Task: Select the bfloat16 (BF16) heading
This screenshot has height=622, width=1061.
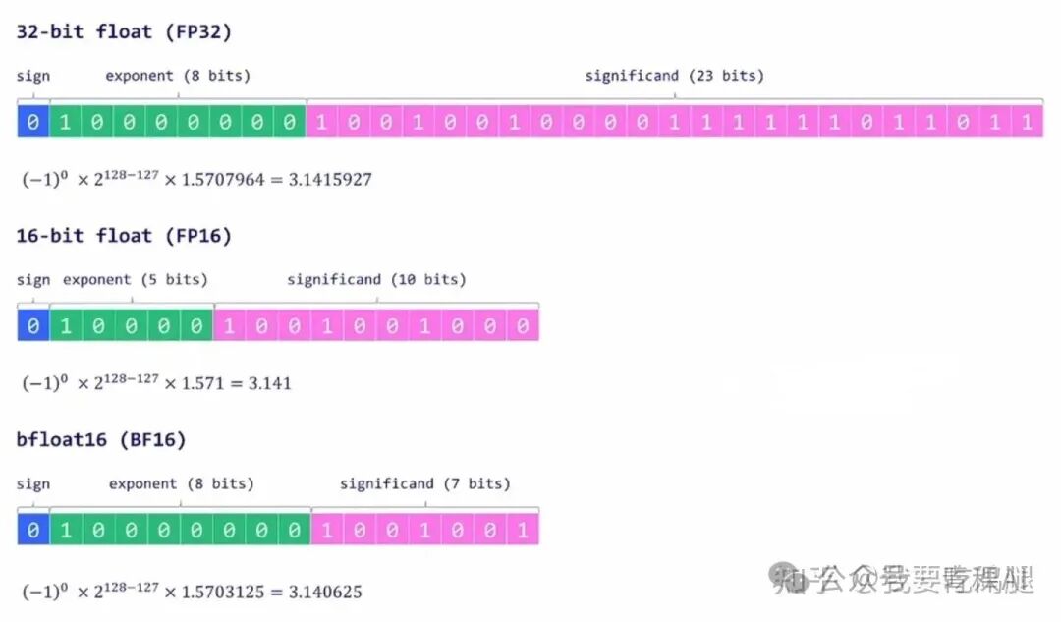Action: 101,439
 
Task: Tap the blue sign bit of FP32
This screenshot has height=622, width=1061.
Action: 32,123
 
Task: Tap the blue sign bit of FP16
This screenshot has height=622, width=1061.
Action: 32,326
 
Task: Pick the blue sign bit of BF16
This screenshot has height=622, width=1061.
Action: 32,531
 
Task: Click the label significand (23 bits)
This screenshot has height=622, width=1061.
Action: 674,76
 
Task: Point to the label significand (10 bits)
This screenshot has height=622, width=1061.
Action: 376,280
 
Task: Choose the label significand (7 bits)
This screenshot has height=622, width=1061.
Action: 425,484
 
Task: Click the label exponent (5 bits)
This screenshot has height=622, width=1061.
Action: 136,280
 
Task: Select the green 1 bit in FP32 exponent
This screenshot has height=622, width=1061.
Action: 65,123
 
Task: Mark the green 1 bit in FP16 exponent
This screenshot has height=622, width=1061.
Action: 65,326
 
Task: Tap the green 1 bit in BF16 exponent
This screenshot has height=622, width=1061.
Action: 65,531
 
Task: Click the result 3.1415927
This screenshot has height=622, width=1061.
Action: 330,180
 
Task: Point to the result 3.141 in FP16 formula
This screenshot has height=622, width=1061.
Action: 270,383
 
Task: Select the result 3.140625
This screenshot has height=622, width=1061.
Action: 324,593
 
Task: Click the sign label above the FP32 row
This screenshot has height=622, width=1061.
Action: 32,76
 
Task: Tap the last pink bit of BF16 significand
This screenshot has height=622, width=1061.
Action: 523,531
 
